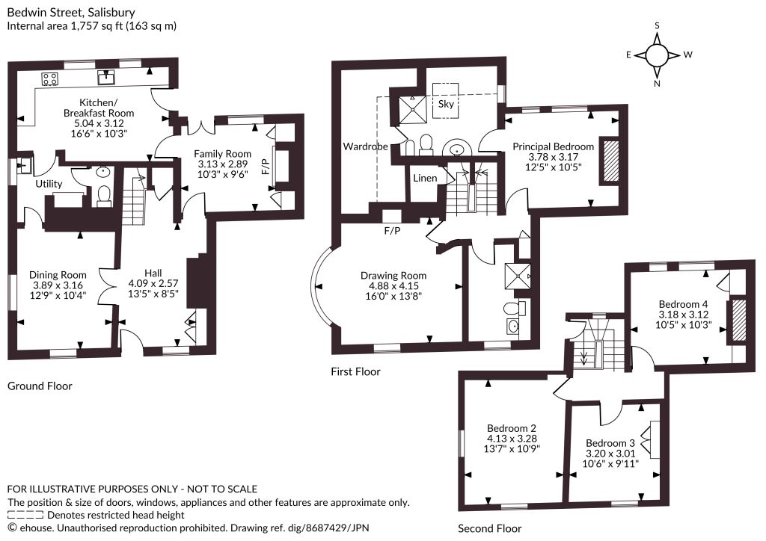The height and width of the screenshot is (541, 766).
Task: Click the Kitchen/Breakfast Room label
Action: (x=99, y=108)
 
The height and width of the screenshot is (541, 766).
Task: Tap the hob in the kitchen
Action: (x=50, y=78)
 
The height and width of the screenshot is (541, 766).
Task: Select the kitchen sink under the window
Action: (x=106, y=78)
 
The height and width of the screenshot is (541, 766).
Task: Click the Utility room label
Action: (x=49, y=184)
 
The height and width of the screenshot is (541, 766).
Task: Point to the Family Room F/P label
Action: (x=266, y=167)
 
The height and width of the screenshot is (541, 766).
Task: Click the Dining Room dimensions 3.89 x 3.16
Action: (x=58, y=285)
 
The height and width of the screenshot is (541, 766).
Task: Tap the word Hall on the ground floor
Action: (x=153, y=273)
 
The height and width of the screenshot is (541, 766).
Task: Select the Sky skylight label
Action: (x=446, y=104)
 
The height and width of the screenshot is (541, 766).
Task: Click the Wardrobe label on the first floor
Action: (x=365, y=146)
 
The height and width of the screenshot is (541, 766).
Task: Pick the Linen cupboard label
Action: (x=425, y=178)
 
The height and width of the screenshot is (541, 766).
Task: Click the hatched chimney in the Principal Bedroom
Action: (x=609, y=161)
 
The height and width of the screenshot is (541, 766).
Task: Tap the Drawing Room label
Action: (x=393, y=276)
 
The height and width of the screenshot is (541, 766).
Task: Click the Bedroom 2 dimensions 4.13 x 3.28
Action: (x=512, y=439)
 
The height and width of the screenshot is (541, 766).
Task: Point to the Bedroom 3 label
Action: (x=610, y=443)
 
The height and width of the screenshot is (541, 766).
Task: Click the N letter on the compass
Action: (x=657, y=84)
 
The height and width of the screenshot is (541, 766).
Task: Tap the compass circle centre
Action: (x=657, y=55)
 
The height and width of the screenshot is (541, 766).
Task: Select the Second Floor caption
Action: (x=489, y=528)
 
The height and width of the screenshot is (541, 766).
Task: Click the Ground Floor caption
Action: (x=40, y=386)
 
